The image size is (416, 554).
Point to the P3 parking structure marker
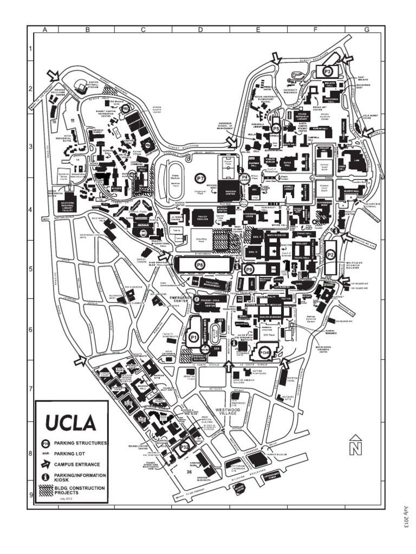coord(327,71)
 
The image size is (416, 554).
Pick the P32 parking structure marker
coord(184,447)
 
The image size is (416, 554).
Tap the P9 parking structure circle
coord(249,268)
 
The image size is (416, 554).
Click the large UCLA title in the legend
coord(71,421)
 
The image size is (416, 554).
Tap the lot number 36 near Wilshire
coord(189,472)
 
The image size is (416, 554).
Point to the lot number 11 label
coord(72,119)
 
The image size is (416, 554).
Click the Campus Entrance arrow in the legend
coord(46,464)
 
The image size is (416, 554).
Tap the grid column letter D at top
coord(200,30)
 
